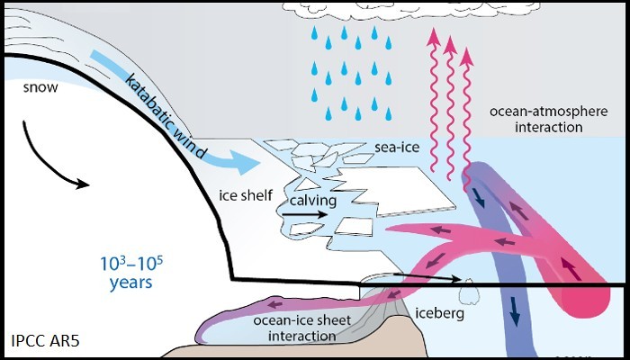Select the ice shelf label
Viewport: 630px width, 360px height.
[239, 193]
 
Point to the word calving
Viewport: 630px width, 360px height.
[312, 201]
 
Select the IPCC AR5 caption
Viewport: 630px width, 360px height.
[45, 341]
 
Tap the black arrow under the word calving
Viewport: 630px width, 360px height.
[314, 216]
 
